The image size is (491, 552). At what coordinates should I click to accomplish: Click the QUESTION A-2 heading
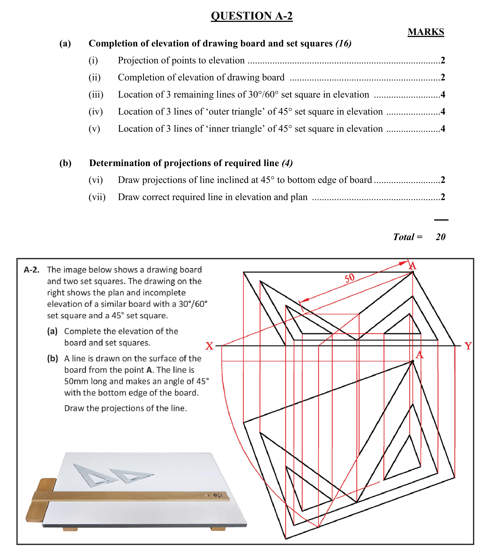tap(252, 16)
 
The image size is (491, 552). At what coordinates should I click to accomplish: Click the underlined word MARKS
tap(426, 32)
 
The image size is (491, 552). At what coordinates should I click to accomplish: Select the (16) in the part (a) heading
tap(343, 43)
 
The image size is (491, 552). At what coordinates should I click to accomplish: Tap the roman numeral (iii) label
tap(96, 95)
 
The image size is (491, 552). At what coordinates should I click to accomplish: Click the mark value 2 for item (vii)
tap(443, 197)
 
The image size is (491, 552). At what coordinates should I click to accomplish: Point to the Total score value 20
tap(440, 237)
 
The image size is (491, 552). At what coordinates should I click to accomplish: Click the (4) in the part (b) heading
tap(287, 163)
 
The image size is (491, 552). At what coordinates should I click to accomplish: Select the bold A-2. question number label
tap(32, 270)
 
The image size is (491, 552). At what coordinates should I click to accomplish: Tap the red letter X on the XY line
tap(209, 346)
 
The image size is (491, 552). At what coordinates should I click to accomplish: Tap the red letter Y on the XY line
tap(468, 346)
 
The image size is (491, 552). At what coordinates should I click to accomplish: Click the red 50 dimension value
tap(349, 278)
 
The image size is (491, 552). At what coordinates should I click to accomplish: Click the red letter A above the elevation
tap(412, 266)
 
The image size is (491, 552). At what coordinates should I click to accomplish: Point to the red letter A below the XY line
tap(419, 355)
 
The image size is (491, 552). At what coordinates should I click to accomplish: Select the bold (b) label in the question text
tap(53, 358)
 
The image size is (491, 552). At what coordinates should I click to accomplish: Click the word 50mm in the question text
tap(76, 381)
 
